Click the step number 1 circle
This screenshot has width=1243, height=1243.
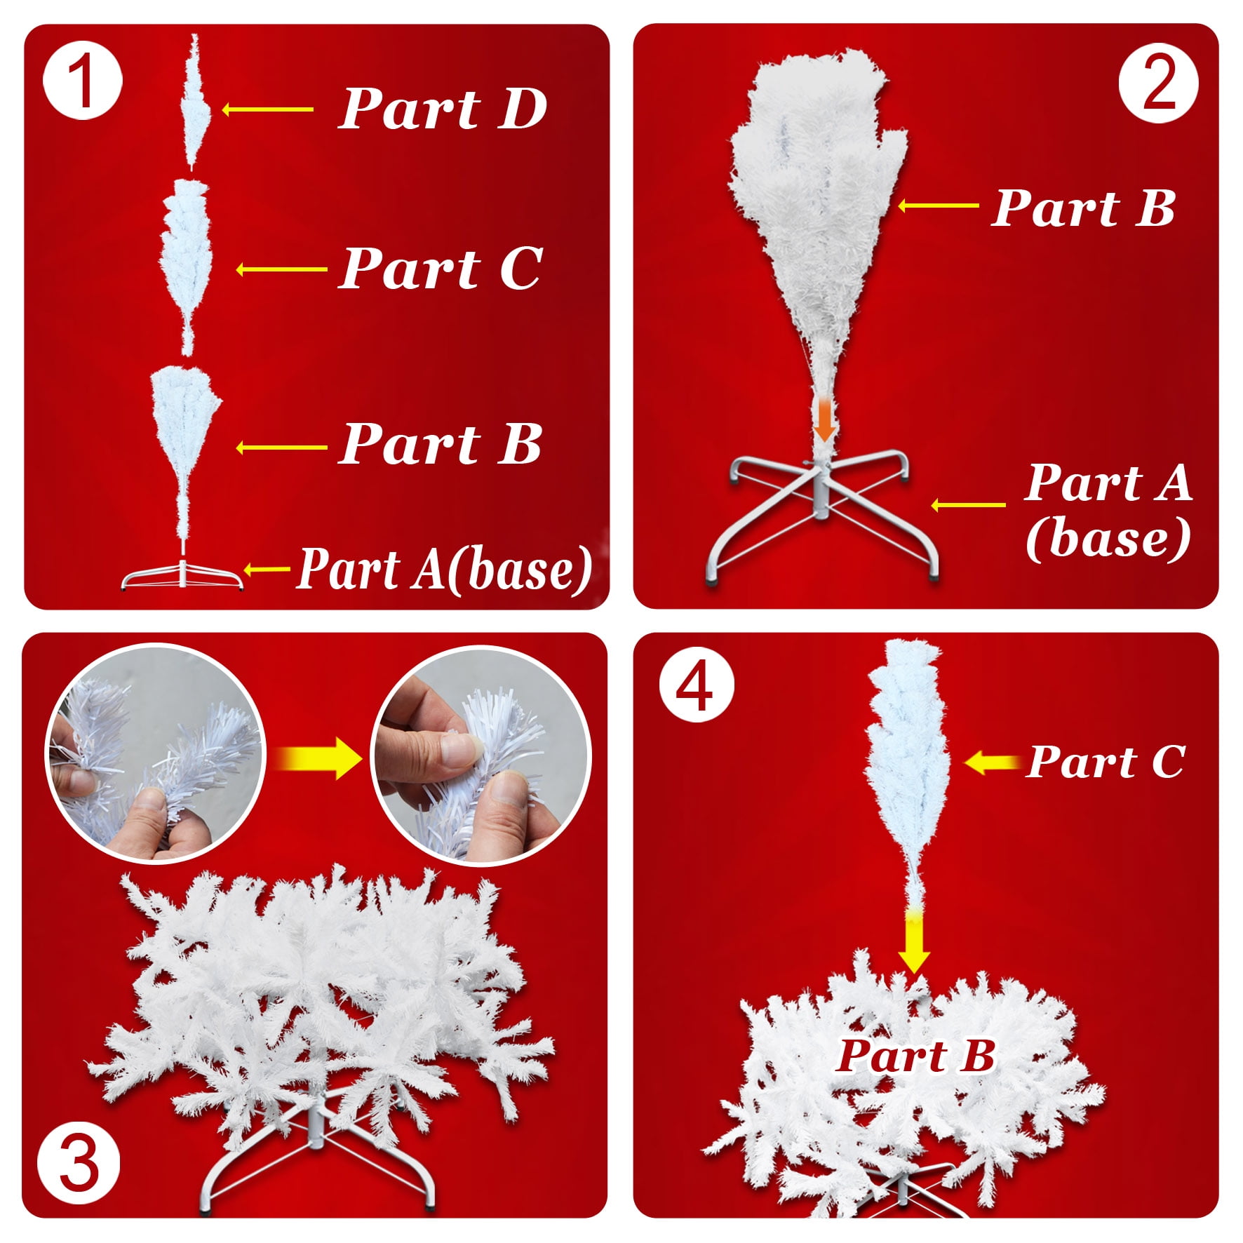click(83, 81)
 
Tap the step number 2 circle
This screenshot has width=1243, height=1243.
click(1159, 83)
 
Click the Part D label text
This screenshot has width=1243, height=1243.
click(443, 109)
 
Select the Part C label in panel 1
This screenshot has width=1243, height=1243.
click(441, 268)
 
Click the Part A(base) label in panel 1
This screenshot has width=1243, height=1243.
click(445, 570)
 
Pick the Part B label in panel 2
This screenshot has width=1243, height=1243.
click(1083, 208)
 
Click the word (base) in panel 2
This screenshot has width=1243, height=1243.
click(1108, 539)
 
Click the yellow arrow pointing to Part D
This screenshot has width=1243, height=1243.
click(267, 109)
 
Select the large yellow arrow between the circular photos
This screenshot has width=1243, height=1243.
click(318, 758)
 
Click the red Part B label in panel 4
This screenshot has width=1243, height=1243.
click(915, 1056)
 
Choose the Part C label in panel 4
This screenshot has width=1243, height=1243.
click(1106, 761)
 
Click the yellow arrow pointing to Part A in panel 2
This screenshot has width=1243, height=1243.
click(968, 504)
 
